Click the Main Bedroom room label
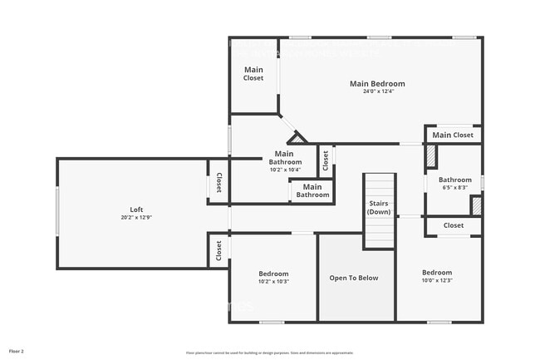[x=377, y=83]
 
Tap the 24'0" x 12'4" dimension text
[x=377, y=91]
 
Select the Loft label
[x=136, y=210]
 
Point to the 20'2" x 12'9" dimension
[x=136, y=218]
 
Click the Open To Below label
[x=353, y=278]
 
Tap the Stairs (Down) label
[x=379, y=208]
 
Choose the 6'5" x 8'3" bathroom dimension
[x=454, y=188]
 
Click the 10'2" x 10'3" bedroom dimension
[x=273, y=281]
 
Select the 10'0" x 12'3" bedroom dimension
[x=436, y=280]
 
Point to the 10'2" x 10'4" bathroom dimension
[x=284, y=170]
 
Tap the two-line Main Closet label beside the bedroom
[x=253, y=74]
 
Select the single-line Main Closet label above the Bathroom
[x=453, y=136]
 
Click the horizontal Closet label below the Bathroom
[x=454, y=225]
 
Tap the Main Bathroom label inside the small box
[x=312, y=190]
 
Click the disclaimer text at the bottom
[x=269, y=353]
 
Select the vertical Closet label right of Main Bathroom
[x=326, y=160]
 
